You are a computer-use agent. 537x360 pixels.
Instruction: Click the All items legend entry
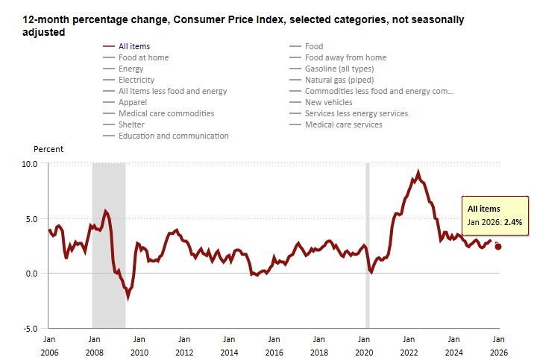[134, 46]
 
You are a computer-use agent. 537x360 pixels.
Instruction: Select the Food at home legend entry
[143, 57]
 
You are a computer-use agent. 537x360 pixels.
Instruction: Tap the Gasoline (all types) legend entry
[339, 69]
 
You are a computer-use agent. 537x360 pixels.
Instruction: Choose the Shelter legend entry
[131, 124]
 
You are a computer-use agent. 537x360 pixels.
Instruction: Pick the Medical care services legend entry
[343, 124]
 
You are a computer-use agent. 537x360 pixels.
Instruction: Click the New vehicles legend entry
[329, 102]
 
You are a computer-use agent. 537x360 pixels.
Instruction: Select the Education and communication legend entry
[173, 136]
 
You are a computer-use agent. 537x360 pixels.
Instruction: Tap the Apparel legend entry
[134, 102]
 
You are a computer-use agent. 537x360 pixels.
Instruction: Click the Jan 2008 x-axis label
[94, 344]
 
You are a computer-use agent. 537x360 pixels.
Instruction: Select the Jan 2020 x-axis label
[363, 344]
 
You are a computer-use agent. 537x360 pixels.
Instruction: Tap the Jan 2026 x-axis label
[497, 344]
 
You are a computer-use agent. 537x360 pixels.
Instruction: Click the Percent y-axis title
[48, 149]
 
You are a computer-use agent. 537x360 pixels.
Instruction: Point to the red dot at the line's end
[498, 247]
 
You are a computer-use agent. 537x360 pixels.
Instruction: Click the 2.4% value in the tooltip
[513, 222]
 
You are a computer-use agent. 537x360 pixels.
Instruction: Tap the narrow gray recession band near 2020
[367, 245]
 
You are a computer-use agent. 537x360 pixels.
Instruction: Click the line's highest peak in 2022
[418, 172]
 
